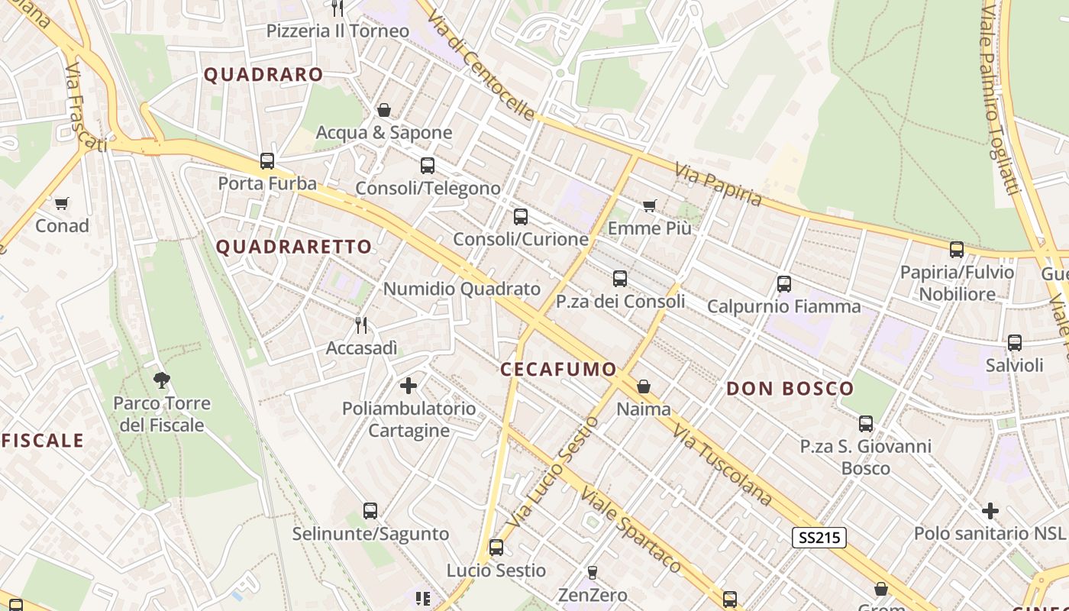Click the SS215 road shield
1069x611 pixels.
tap(819, 538)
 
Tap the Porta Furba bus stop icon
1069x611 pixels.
tap(267, 161)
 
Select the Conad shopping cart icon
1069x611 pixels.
tap(62, 203)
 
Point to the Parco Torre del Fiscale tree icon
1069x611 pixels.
tap(161, 380)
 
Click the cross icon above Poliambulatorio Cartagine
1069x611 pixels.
tap(409, 386)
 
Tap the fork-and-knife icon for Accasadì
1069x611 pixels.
tap(362, 325)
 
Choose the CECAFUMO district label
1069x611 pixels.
tap(558, 370)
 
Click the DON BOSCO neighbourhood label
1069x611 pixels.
tap(790, 389)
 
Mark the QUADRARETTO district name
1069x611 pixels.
tap(294, 247)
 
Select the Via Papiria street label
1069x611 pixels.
tap(718, 184)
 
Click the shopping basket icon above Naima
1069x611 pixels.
tap(644, 387)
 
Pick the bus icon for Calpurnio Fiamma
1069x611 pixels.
tap(783, 284)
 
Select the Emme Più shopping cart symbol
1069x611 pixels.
tap(650, 205)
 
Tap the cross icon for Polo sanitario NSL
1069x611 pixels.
tap(990, 510)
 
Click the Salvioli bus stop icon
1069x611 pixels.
tap(1014, 343)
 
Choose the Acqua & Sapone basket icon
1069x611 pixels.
tap(384, 111)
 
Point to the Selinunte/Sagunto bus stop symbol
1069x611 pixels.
tap(370, 510)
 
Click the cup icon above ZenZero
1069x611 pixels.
tap(592, 572)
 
